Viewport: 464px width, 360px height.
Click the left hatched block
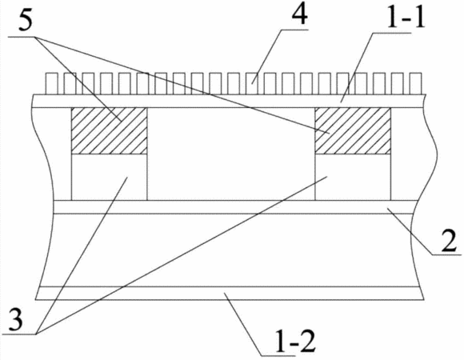tap(109, 130)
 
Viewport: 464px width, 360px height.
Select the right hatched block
tap(353, 130)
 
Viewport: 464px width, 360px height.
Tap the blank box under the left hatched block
tap(109, 177)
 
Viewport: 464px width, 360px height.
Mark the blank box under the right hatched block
tap(353, 177)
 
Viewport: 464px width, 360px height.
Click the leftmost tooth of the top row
tap(51, 84)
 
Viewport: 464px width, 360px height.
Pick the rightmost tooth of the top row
tap(415, 84)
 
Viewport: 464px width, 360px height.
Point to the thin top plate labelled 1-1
tap(230, 101)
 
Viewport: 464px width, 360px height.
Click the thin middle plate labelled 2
tap(236, 206)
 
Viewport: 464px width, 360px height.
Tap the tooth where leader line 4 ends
tap(251, 84)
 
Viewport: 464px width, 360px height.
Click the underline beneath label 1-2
tap(278, 355)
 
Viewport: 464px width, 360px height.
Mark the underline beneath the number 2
tap(446, 254)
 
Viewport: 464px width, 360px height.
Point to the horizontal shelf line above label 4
tap(294, 30)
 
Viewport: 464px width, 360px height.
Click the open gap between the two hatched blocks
tap(231, 154)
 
